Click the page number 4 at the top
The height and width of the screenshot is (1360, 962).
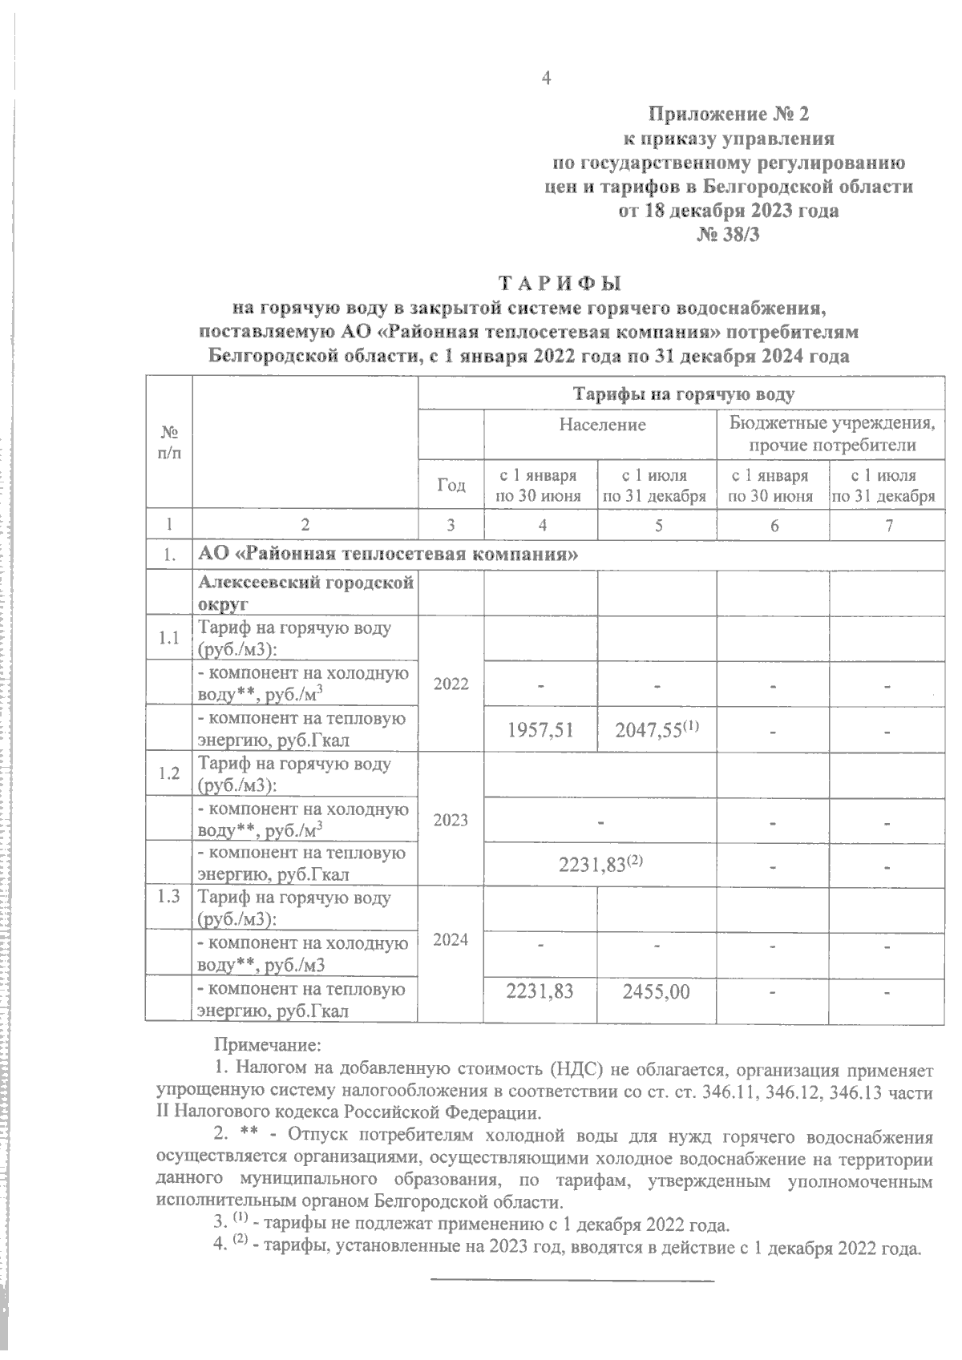point(547,78)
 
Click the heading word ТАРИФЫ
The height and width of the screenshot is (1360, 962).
point(561,284)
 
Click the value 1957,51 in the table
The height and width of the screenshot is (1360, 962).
point(542,728)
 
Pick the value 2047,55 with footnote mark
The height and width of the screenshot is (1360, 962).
point(657,728)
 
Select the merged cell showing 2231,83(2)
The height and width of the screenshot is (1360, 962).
point(600,864)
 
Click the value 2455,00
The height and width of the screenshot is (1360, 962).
point(657,991)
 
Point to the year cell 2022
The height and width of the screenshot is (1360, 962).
point(451,684)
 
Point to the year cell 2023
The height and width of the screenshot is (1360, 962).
point(451,819)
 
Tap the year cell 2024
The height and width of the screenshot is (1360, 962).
point(451,939)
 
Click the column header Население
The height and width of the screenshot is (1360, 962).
point(602,425)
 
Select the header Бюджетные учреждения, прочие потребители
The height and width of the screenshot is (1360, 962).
point(831,434)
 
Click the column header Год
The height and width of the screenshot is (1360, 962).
point(451,485)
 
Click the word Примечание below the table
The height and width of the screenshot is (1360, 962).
point(267,1045)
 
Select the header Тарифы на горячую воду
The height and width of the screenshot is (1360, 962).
point(682,393)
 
